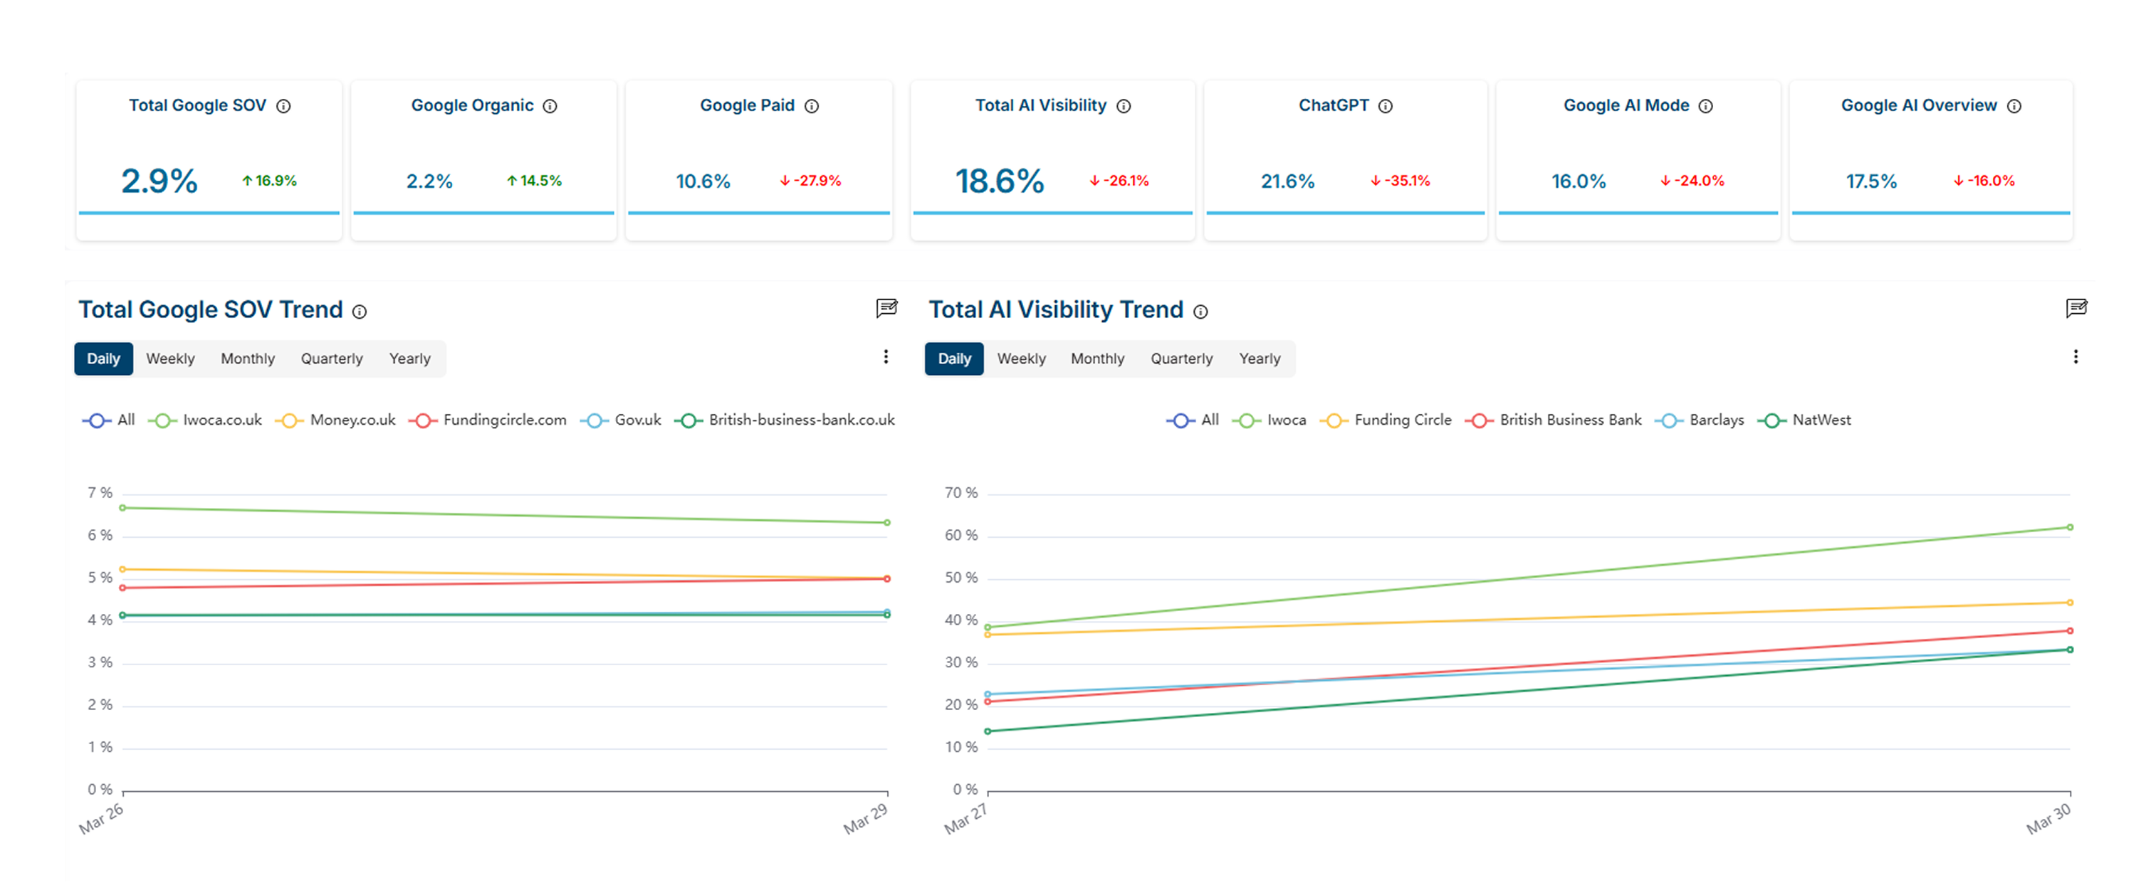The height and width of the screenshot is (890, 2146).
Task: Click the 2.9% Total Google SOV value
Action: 159,181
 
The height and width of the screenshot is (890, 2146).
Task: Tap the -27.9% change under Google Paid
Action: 810,181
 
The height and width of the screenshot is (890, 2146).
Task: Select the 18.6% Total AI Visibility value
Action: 999,181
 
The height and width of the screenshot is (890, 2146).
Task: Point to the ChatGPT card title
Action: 1333,106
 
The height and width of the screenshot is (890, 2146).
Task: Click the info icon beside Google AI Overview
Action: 2014,107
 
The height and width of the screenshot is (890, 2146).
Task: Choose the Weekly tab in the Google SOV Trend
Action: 170,359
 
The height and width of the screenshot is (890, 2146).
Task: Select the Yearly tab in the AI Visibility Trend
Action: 1259,359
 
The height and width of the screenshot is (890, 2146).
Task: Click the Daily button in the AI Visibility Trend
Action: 954,359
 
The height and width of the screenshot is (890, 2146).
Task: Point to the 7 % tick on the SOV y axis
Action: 100,493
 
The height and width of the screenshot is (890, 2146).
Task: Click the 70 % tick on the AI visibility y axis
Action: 961,493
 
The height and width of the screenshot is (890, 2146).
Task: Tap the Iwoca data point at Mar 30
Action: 2069,527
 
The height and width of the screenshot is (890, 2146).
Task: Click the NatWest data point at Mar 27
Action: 988,731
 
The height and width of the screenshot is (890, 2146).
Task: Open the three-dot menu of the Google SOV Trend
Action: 886,357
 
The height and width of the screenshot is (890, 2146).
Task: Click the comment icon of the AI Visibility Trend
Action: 2076,308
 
